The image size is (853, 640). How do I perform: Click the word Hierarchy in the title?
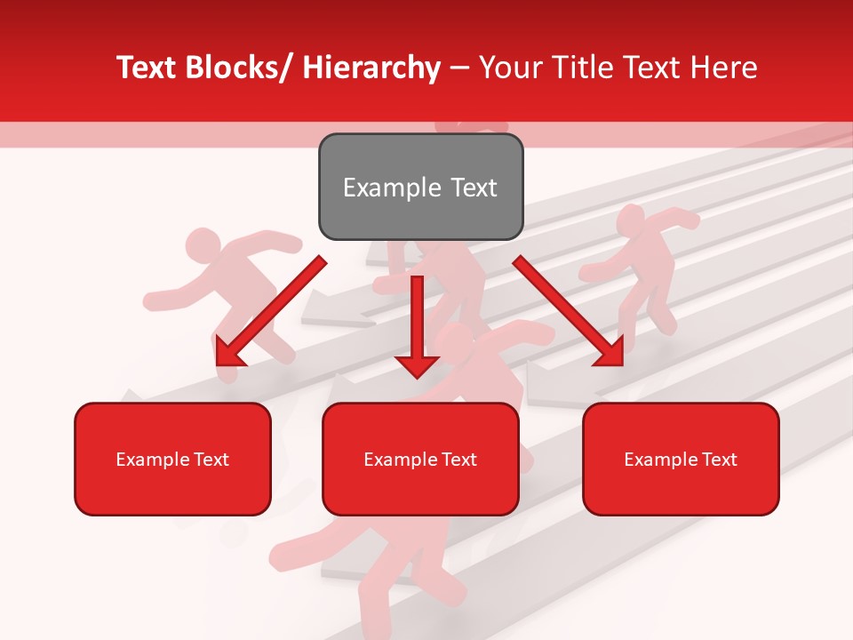point(371,68)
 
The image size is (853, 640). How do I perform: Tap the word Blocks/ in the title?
point(244,68)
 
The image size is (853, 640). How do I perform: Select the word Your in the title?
point(509,68)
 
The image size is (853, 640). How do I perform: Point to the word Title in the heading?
point(578,68)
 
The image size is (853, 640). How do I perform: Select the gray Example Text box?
point(420,187)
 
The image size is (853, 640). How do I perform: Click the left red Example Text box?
point(172,459)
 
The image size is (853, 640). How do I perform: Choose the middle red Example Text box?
point(420,459)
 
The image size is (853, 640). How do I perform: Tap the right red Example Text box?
point(681,459)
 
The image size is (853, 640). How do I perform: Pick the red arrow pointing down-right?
point(569,312)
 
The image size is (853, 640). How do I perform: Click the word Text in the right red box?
point(720,460)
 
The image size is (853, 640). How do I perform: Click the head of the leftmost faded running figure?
point(203,244)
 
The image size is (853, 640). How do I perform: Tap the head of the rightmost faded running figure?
point(630,219)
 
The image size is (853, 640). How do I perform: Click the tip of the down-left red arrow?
point(219,364)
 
